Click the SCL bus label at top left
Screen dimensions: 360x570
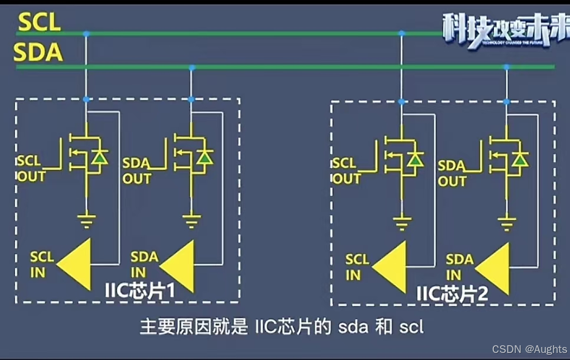coord(39,22)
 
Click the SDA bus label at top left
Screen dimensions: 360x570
coord(38,53)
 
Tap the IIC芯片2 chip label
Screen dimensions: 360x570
coord(453,293)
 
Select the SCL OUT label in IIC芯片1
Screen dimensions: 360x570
coord(31,169)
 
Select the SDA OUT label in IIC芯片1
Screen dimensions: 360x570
coord(137,171)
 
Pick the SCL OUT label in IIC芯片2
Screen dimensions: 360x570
coord(347,171)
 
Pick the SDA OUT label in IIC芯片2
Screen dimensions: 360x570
coord(452,173)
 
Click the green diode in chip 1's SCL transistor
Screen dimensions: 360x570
coord(100,157)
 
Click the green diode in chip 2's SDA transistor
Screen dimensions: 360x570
coord(520,159)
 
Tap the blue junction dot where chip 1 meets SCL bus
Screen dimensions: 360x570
coord(86,34)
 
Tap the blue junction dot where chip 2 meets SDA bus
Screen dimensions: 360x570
coord(506,67)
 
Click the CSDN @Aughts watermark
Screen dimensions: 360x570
coord(529,349)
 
